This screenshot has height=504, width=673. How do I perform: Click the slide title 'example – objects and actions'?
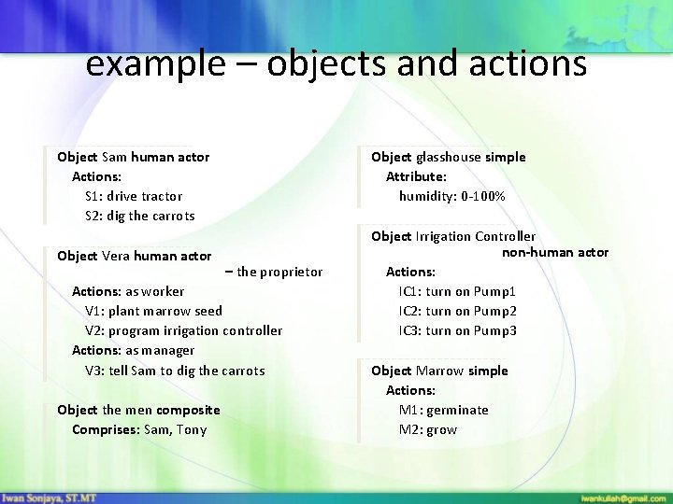pyautogui.click(x=336, y=63)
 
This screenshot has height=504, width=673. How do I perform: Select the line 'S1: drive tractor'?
pyautogui.click(x=134, y=196)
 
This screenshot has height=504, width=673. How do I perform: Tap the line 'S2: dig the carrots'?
pyautogui.click(x=140, y=216)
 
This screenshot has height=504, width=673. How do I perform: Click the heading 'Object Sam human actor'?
pyautogui.click(x=133, y=157)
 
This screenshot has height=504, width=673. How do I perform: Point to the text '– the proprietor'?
pyautogui.click(x=274, y=272)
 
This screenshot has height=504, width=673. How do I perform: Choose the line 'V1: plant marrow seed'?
pyautogui.click(x=153, y=311)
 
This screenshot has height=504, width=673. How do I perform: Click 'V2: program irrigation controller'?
pyautogui.click(x=183, y=330)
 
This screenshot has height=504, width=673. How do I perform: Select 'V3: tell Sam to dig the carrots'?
pyautogui.click(x=175, y=371)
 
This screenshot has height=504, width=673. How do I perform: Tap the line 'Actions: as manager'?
pyautogui.click(x=134, y=350)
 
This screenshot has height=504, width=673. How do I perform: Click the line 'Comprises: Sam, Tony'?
pyautogui.click(x=139, y=429)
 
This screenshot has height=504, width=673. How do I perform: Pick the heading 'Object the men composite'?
pyautogui.click(x=138, y=410)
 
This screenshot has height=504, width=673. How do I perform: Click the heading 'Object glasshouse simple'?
pyautogui.click(x=448, y=157)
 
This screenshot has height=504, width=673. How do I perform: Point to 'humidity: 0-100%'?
pyautogui.click(x=452, y=196)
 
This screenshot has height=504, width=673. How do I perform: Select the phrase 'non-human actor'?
pyautogui.click(x=555, y=252)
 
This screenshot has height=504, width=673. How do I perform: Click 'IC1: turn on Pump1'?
pyautogui.click(x=457, y=291)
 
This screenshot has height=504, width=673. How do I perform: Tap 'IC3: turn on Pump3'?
pyautogui.click(x=457, y=330)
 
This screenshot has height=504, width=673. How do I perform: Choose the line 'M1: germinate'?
pyautogui.click(x=443, y=410)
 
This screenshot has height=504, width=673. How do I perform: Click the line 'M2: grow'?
pyautogui.click(x=428, y=429)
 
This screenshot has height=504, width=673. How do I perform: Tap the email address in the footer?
pyautogui.click(x=623, y=497)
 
